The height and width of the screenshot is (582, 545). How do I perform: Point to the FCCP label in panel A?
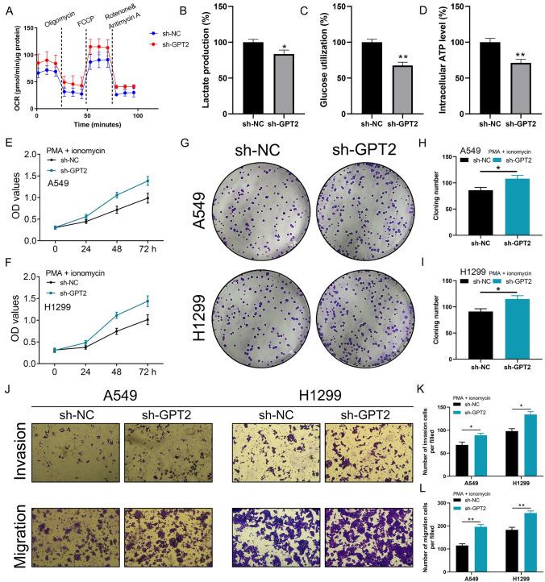click(x=98, y=16)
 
